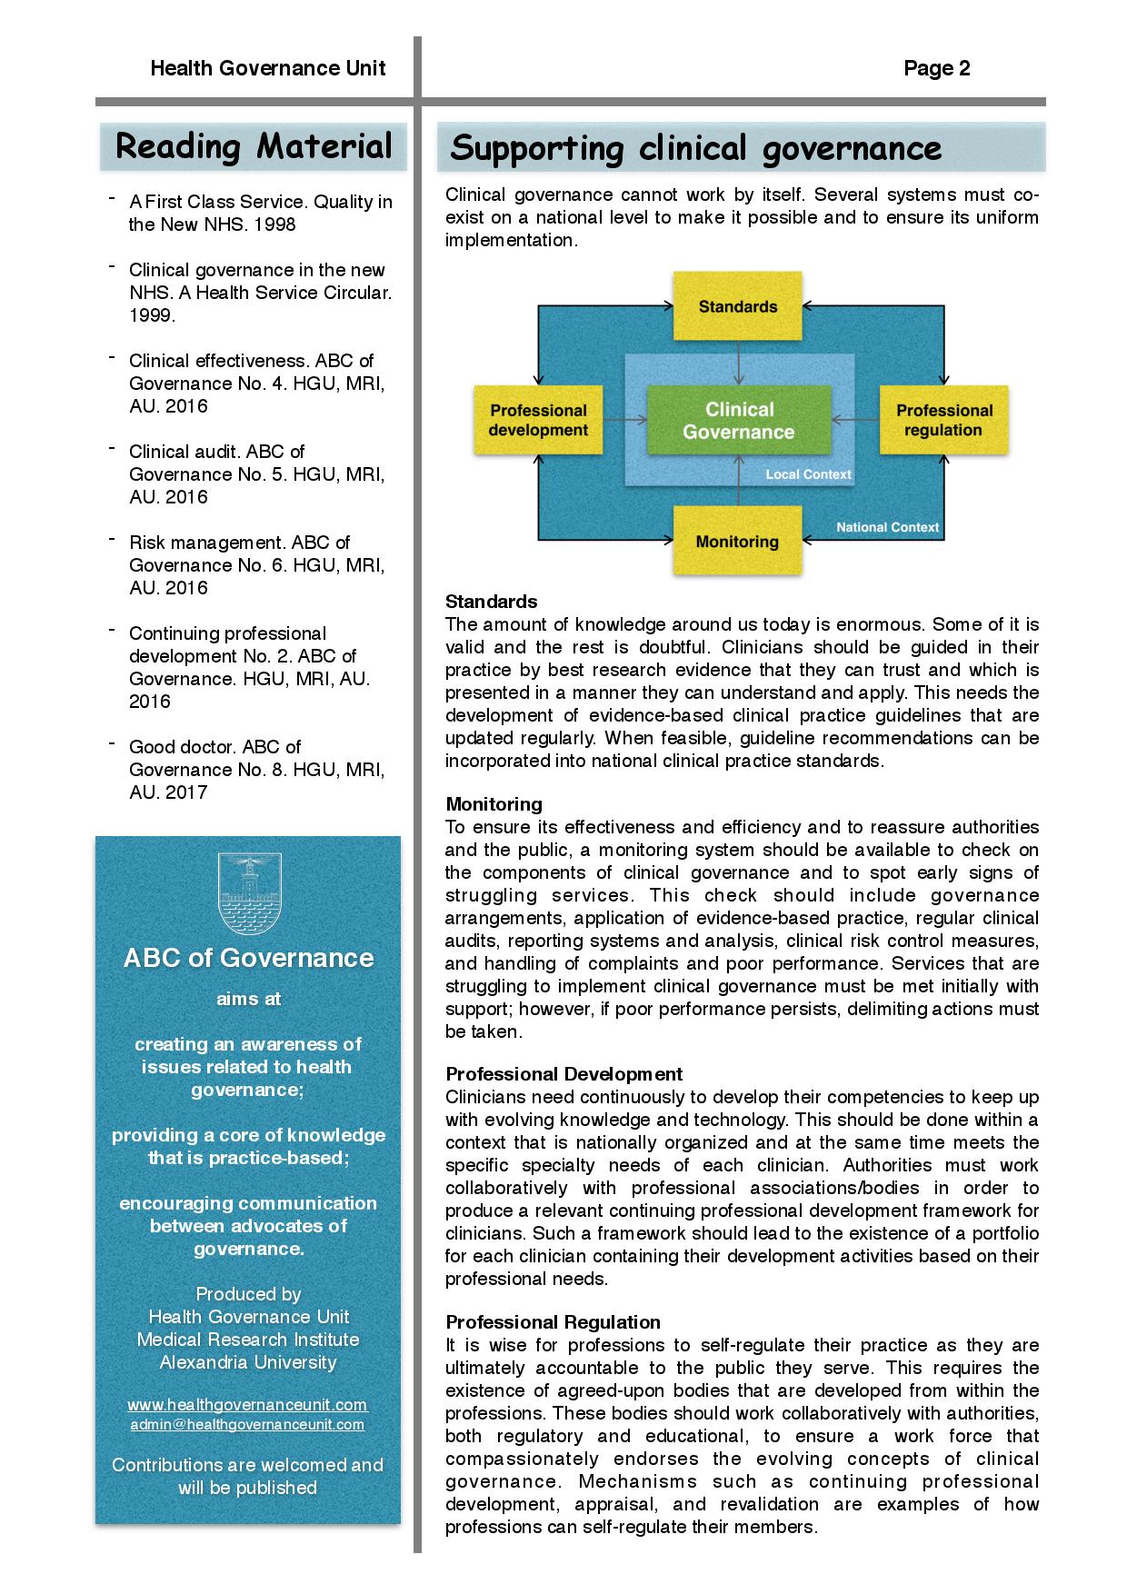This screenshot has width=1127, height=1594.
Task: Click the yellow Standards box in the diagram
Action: [x=738, y=306]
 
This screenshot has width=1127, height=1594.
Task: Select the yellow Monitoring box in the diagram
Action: [x=737, y=542]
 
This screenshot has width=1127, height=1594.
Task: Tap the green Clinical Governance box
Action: [x=738, y=421]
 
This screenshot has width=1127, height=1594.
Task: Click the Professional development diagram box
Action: [x=538, y=420]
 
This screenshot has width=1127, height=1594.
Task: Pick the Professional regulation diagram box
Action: [x=943, y=420]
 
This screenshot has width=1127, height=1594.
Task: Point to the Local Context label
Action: [x=808, y=474]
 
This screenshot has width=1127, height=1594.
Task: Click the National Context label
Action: [x=887, y=527]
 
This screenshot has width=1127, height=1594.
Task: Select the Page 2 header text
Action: [x=937, y=68]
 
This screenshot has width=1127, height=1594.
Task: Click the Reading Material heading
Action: [x=254, y=146]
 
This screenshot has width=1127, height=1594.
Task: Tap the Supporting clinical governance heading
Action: [x=696, y=148]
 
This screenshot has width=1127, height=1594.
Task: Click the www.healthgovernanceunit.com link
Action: [x=247, y=1405]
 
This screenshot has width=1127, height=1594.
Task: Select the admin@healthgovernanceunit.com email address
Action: [x=247, y=1424]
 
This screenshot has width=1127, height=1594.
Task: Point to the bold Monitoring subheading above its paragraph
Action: [x=494, y=804]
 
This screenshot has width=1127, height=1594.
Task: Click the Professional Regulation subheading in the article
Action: [x=553, y=1322]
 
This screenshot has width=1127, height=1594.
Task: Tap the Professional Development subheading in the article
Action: [x=563, y=1074]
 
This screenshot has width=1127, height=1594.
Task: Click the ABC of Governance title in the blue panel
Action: [x=248, y=958]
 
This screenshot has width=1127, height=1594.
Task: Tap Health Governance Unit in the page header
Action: [x=268, y=68]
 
